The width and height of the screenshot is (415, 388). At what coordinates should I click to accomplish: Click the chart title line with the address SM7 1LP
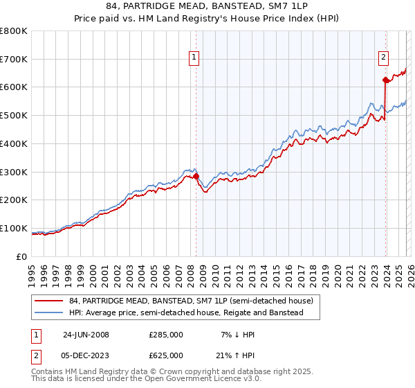(207, 8)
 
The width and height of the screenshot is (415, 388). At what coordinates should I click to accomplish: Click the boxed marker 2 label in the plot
(382, 58)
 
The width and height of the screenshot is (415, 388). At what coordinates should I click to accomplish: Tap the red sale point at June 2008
(196, 176)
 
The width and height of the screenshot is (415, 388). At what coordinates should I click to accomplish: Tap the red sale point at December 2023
(385, 80)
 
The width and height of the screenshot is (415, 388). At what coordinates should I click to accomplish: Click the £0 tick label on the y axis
(22, 256)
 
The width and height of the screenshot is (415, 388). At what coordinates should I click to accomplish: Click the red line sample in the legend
(49, 301)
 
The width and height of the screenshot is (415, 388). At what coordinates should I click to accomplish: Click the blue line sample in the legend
(49, 313)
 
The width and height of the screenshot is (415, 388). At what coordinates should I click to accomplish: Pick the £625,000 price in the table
(166, 355)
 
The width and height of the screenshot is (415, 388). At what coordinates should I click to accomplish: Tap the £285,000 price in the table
(166, 335)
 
